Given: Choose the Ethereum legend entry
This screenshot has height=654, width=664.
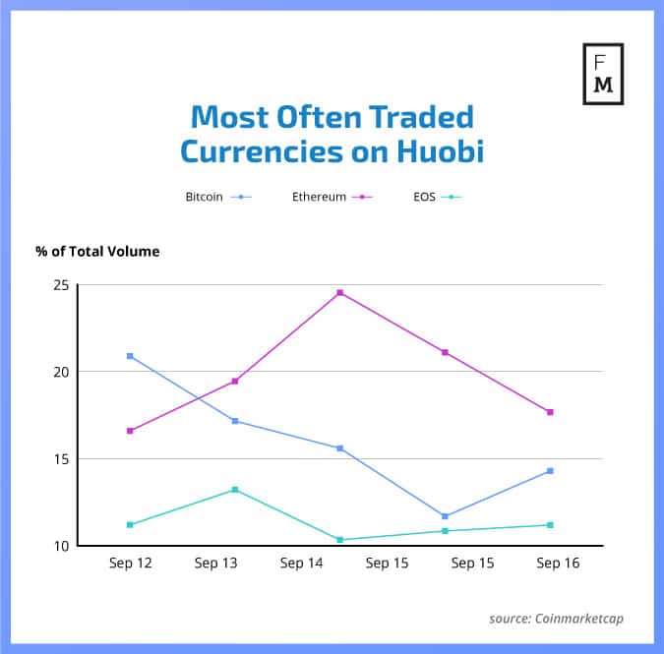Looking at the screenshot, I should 332,197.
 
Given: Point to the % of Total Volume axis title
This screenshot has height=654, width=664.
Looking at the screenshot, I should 97,251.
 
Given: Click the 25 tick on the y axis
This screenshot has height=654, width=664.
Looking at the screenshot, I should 62,285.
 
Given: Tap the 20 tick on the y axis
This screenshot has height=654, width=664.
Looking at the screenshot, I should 62,372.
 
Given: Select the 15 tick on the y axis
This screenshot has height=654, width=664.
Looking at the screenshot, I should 62,459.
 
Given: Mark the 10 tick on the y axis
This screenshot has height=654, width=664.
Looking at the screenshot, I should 62,546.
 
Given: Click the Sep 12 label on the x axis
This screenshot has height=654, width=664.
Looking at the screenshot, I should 130,564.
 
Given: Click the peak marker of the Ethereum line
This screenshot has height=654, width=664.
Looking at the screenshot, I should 340,293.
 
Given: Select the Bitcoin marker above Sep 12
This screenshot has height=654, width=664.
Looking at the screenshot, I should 130,356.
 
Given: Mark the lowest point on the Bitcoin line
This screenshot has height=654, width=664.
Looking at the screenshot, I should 446,516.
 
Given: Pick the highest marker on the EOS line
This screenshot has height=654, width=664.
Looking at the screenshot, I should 235,490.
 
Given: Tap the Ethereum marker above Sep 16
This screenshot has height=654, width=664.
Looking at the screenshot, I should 550,412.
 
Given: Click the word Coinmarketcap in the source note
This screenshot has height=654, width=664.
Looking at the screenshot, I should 578,619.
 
